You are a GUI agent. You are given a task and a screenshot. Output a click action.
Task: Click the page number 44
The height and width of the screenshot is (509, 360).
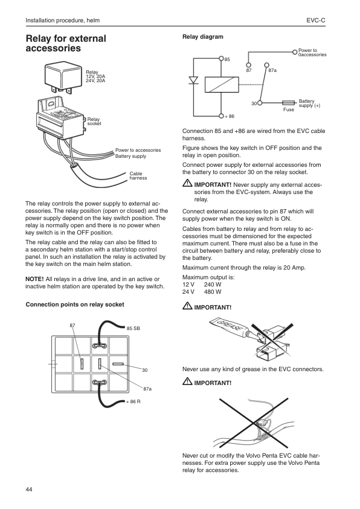click(x=29, y=488)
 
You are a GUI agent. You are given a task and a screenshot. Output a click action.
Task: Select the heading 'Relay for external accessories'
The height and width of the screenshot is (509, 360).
click(x=65, y=43)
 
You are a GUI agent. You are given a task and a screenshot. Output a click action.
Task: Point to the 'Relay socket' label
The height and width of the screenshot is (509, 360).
click(x=94, y=122)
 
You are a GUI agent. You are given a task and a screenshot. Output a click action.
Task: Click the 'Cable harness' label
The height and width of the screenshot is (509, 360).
click(x=138, y=176)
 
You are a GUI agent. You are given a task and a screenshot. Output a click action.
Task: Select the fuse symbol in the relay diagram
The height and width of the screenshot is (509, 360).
click(x=288, y=103)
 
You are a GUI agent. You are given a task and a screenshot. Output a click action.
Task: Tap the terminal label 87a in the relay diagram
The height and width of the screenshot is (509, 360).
click(x=272, y=71)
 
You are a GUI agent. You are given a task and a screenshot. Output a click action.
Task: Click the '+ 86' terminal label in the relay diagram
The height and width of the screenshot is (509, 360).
click(x=229, y=115)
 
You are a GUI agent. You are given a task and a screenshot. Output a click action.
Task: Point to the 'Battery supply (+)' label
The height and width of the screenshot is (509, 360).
click(x=309, y=103)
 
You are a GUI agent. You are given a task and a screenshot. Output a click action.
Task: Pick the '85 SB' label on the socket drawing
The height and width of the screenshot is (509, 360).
click(x=133, y=328)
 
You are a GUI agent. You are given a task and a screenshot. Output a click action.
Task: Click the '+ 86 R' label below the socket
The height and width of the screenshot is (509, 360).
click(x=132, y=401)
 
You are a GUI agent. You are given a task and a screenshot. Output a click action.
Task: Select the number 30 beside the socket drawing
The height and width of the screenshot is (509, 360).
click(x=145, y=369)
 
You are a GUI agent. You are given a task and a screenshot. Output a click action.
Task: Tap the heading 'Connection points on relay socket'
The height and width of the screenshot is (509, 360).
click(x=74, y=304)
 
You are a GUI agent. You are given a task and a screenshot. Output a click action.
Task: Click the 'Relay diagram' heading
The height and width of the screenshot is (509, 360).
click(x=202, y=37)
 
